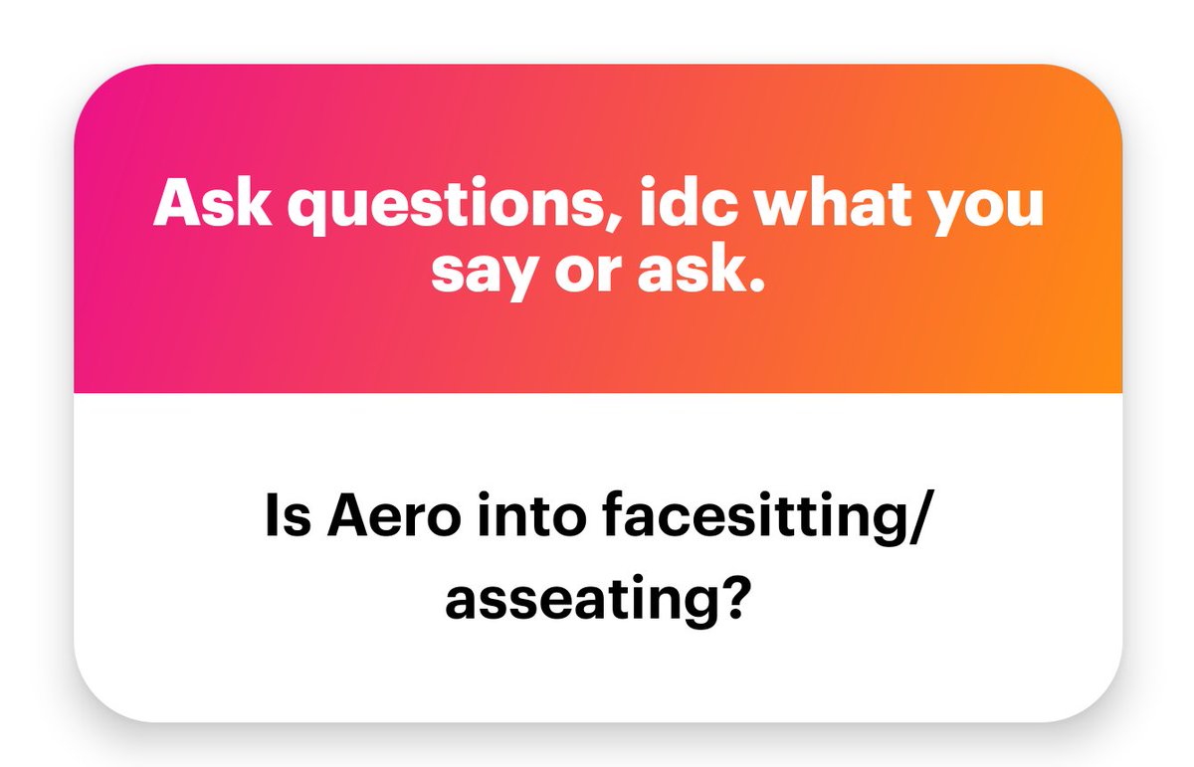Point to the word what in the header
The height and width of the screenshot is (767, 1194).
point(863,205)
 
